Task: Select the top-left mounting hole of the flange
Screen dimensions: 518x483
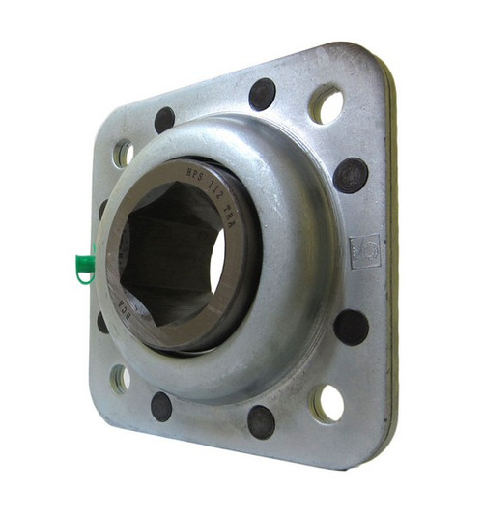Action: [x=124, y=153]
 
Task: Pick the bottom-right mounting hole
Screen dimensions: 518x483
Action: [x=327, y=403]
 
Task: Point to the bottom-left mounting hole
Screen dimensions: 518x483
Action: [x=121, y=378]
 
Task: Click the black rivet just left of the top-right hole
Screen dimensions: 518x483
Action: [x=262, y=94]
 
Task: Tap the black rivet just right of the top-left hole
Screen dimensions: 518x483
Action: [x=164, y=120]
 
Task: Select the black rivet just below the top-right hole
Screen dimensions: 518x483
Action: [x=351, y=175]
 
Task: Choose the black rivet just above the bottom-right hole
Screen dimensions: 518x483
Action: [x=351, y=327]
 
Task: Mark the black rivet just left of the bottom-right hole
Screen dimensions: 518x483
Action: [x=261, y=421]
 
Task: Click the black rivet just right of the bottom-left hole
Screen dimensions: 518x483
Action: [x=161, y=407]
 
